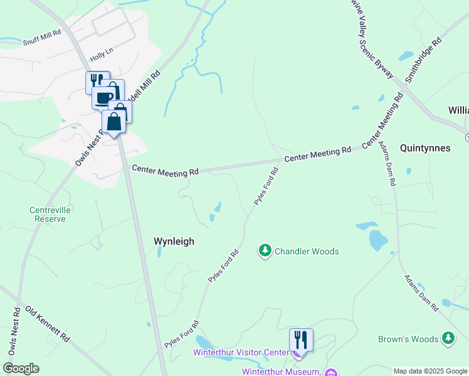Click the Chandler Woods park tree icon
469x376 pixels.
click(265, 251)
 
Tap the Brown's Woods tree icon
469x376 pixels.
click(448, 339)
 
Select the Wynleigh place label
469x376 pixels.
click(174, 241)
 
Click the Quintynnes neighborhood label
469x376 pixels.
click(425, 149)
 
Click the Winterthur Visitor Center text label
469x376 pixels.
click(241, 353)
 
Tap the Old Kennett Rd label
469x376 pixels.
click(47, 323)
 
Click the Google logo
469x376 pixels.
click(21, 368)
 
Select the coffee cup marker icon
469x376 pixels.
click(104, 97)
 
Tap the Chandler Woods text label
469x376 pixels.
click(307, 251)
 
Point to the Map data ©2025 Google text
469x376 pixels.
click(430, 371)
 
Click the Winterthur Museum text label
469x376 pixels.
click(281, 371)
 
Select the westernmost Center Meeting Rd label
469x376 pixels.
click(165, 170)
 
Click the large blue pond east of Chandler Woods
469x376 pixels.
click(378, 239)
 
